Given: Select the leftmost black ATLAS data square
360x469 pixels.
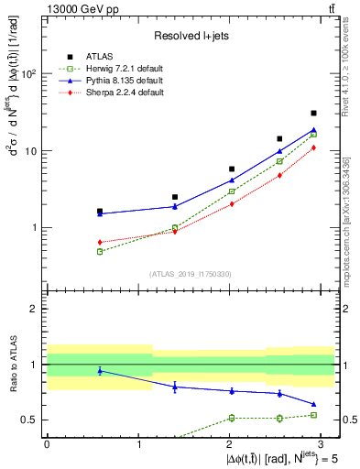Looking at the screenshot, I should pyautogui.click(x=100, y=211).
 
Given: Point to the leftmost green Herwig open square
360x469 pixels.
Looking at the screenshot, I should pyautogui.click(x=100, y=251).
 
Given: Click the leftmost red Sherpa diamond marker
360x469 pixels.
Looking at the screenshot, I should pyautogui.click(x=100, y=242).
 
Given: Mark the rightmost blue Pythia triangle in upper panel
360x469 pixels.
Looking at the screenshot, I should pyautogui.click(x=314, y=130).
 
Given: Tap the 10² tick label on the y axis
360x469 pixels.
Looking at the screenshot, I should pyautogui.click(x=30, y=74).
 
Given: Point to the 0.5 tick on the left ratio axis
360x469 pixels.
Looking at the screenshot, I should pyautogui.click(x=30, y=420).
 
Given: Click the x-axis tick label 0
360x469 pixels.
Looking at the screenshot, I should pyautogui.click(x=47, y=443).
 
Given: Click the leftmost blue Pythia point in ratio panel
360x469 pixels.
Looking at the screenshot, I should pyautogui.click(x=100, y=370).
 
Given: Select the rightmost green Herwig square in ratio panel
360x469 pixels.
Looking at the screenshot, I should pyautogui.click(x=314, y=415).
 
